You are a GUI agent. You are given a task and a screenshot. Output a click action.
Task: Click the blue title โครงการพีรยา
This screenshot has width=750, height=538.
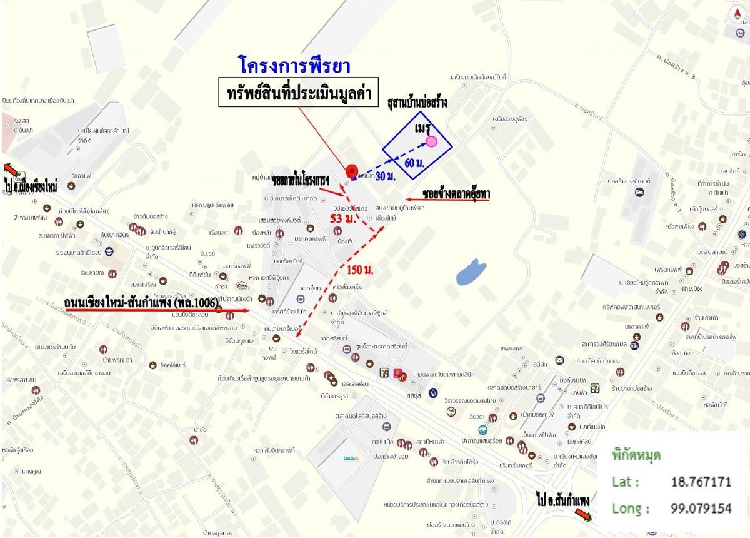[294, 65]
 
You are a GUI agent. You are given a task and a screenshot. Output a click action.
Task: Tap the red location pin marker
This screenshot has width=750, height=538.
[351, 171]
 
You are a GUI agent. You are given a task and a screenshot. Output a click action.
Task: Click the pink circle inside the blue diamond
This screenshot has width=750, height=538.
[432, 142]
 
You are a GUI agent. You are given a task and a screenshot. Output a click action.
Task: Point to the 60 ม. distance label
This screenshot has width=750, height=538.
[414, 163]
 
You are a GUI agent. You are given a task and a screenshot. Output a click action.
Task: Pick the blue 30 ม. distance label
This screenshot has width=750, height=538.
[385, 177]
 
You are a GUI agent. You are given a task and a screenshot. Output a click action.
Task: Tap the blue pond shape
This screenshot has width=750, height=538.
[471, 272]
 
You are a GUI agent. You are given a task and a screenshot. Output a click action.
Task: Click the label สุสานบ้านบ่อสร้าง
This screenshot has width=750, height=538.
[417, 102]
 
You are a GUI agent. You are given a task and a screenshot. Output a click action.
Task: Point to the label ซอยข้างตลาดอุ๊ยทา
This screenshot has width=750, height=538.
[456, 195]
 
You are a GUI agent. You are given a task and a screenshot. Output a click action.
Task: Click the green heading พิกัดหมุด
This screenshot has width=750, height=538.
[637, 455]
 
